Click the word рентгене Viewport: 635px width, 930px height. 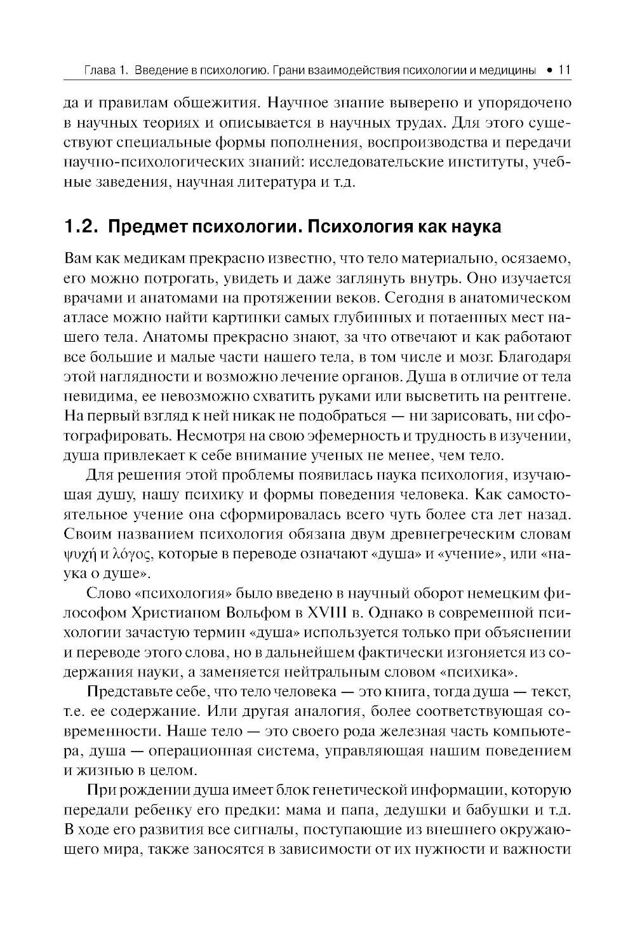point(535,396)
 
